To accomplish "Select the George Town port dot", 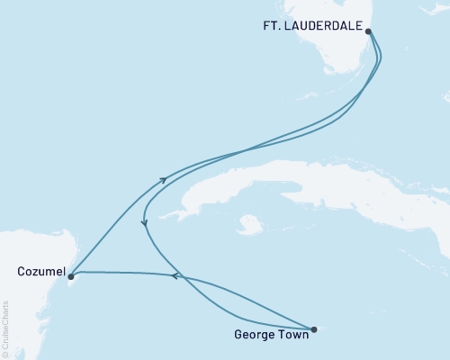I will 313,329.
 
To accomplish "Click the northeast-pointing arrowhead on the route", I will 163,180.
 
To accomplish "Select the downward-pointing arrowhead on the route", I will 145,222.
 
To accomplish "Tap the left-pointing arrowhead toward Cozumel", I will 176,275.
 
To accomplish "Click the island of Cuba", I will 297,180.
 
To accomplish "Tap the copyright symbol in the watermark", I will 5,355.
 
